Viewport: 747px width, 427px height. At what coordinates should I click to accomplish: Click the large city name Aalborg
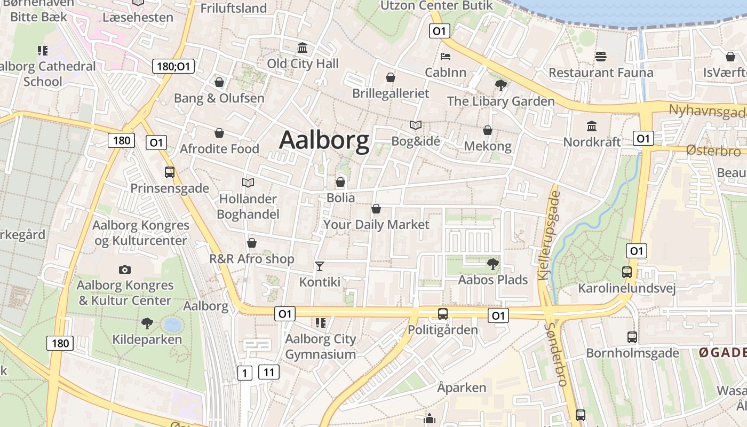pos(324,140)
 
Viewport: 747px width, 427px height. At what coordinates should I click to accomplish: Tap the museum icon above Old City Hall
pos(303,48)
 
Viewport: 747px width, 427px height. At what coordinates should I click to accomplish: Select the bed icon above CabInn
pos(446,57)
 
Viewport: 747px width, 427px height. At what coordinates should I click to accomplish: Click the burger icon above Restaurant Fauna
pos(601,57)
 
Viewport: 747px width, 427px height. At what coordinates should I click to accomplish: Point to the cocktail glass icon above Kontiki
pos(320,266)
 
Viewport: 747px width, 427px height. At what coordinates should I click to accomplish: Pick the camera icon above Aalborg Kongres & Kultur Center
pos(125,270)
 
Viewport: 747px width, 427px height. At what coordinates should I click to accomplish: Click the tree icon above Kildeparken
pos(147,323)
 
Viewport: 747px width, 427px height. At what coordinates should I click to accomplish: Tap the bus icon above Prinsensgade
pos(170,172)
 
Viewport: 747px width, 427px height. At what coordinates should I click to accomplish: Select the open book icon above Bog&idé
pos(416,125)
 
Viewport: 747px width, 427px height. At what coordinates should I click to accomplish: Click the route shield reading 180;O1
pos(173,67)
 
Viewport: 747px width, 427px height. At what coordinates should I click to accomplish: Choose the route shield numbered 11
pos(268,372)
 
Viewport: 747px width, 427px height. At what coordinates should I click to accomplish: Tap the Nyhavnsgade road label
pos(708,112)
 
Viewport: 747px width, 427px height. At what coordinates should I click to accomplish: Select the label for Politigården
pos(443,330)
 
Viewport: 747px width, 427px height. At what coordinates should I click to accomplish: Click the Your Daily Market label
pos(376,225)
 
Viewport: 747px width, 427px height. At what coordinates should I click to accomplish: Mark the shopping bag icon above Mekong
pos(488,130)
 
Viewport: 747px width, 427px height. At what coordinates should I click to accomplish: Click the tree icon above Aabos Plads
pos(493,264)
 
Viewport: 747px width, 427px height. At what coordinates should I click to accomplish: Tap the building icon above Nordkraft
pos(592,126)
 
